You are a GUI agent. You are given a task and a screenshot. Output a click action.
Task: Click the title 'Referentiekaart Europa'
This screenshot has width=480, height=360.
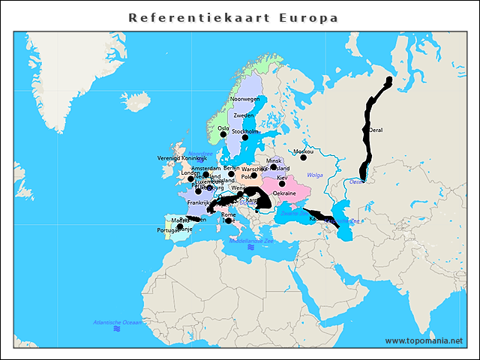[x=233, y=17]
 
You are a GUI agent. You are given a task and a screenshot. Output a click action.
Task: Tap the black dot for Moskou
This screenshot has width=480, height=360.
[x=304, y=157]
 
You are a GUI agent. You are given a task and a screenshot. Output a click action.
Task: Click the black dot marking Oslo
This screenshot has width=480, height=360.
[x=223, y=135]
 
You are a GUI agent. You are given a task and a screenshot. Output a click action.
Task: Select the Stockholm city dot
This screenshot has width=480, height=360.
[x=244, y=138]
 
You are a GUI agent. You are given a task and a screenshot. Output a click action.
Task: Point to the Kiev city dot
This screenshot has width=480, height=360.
[x=282, y=184]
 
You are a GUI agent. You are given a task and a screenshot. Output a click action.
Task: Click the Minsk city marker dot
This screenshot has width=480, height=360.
[x=274, y=167]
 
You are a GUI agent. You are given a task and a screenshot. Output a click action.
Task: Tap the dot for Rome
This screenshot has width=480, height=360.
[x=228, y=220]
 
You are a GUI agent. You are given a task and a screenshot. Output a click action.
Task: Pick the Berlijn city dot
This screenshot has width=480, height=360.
[x=232, y=174]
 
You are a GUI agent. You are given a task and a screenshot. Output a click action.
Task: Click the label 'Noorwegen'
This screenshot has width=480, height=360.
[x=244, y=99]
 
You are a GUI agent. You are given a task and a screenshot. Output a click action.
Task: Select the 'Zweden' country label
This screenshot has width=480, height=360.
[x=244, y=115]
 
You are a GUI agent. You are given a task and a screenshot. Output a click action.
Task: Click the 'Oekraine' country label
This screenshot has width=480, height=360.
[x=284, y=193]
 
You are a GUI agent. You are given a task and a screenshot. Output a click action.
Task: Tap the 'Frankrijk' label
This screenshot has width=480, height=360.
[x=199, y=202]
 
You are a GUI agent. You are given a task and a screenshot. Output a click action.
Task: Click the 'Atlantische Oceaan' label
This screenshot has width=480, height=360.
[x=117, y=322]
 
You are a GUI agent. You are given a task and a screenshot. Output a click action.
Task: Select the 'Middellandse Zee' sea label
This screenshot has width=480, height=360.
[x=251, y=241]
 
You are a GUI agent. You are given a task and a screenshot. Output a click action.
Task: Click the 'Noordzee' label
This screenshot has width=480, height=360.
[x=201, y=153]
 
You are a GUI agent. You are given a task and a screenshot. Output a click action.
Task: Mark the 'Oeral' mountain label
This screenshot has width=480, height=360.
[x=376, y=130]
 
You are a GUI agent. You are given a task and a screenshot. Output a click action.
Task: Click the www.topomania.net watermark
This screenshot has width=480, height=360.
[x=424, y=340]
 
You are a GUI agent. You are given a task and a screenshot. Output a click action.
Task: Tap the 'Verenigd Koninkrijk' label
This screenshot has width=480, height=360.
[x=181, y=159]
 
